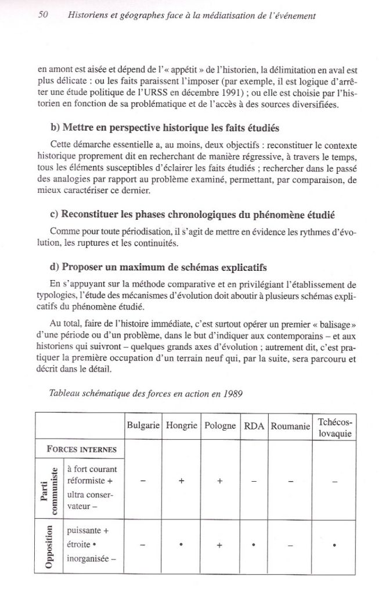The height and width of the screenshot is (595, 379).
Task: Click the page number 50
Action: coord(42,16)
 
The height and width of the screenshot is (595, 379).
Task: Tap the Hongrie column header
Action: coord(182,426)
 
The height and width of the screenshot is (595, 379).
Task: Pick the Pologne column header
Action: coord(221,426)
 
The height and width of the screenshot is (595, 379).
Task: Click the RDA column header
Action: coord(254,426)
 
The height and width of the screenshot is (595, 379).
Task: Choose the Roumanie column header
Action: coord(290,426)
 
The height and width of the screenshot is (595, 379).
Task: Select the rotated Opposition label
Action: coord(49,546)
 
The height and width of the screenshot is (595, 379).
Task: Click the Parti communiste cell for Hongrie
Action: coord(182,481)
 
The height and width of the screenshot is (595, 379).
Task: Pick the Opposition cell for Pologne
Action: coord(221,546)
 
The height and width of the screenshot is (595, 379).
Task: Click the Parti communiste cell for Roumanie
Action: coord(290,481)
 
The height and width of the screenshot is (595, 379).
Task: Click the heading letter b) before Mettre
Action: coord(55,128)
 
